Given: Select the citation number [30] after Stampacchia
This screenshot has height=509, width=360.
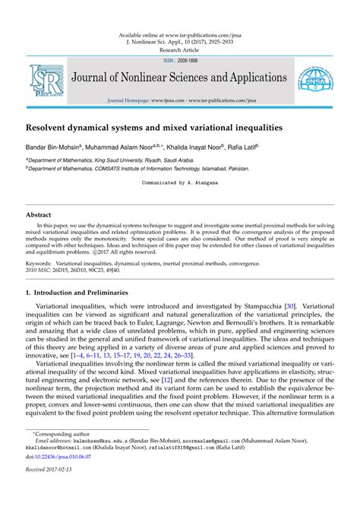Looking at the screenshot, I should coord(289,305).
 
